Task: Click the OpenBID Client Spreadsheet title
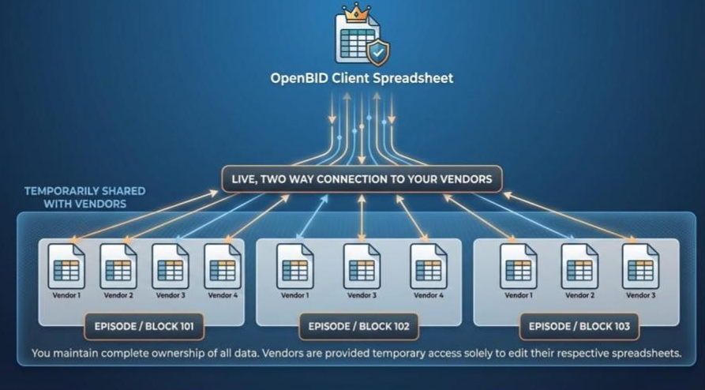362,78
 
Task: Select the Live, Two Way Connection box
362,179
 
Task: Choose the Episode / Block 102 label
358,325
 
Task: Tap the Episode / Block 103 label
579,325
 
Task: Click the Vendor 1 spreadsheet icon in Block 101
67,267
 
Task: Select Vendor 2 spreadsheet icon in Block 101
118,267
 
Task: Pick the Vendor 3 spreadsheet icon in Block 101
171,267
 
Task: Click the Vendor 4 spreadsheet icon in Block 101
223,267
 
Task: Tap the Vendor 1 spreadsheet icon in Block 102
295,267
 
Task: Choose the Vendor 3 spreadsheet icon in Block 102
362,267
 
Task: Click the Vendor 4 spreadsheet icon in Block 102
429,267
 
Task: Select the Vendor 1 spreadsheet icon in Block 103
518,267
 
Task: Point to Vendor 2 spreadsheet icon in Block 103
579,267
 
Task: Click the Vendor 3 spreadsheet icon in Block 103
640,267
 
